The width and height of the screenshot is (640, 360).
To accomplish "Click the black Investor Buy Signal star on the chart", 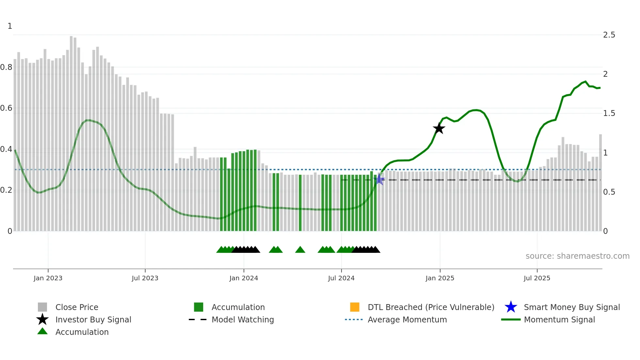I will coord(439,128).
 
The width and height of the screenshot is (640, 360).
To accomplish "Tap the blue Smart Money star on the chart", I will coord(379,179).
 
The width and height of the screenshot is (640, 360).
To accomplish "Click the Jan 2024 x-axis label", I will coord(244,278).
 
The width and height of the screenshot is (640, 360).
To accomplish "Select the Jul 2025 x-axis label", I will coord(537,278).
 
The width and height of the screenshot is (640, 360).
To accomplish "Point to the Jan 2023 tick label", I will coord(48,278).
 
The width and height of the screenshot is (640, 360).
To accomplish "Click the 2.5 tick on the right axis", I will coord(609,35).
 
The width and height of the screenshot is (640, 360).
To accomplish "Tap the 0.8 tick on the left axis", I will coord(7,67).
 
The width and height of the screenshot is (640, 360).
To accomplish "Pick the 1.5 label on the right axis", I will coord(609,113).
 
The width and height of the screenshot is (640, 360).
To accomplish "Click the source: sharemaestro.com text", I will coord(577,256).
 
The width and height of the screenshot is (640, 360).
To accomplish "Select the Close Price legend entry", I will coord(77,307).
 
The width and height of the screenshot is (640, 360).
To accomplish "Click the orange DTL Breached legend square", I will coord(355,307).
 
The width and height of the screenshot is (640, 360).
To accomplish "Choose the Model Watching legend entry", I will coord(243,319).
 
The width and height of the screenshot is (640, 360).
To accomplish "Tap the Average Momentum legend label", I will coord(407,319).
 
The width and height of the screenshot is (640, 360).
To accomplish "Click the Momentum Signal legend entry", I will coord(559,319).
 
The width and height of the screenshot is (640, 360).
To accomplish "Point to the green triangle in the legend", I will coord(42,331).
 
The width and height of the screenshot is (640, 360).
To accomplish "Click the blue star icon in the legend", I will coord(511,307).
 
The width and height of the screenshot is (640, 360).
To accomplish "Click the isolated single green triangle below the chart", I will coord(300,250).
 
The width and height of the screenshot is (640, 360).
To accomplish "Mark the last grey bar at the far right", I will coord(600,183).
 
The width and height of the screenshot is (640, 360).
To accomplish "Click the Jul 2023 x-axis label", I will coord(145,278).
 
